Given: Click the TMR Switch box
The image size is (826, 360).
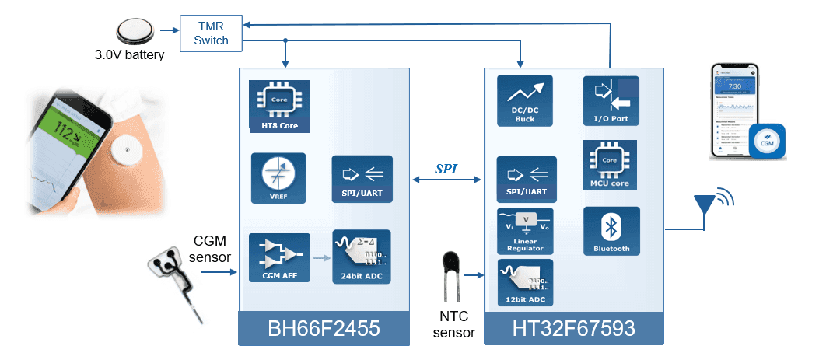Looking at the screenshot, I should [x=212, y=33].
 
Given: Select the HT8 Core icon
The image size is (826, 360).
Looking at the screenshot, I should [x=274, y=105].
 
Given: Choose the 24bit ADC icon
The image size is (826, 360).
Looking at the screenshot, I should [x=362, y=257].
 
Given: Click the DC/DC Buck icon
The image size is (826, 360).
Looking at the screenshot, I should [x=524, y=100].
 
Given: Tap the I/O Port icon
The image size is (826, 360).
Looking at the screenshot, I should [x=611, y=100].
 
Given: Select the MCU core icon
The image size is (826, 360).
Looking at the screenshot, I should [x=610, y=166].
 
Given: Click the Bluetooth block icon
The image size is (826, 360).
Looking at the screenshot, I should [x=611, y=231].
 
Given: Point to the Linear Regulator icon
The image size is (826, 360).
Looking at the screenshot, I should [x=524, y=231].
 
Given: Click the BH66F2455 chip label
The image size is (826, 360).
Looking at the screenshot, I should [x=324, y=330].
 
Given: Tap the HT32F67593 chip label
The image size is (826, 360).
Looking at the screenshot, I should [x=574, y=330].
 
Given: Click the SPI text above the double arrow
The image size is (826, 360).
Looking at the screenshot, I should [x=446, y=168].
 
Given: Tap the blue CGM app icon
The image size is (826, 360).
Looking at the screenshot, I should [x=766, y=142].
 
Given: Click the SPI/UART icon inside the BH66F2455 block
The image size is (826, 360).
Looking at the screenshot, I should [x=362, y=178].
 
